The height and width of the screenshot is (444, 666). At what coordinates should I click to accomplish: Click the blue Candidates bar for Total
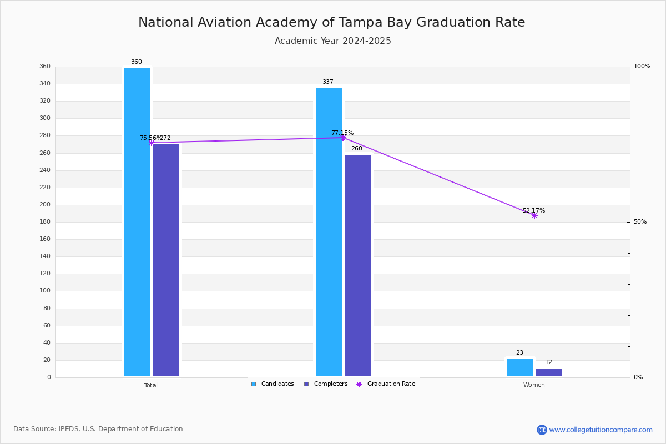[x=137, y=222]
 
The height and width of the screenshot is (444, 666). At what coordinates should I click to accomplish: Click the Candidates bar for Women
[x=520, y=367]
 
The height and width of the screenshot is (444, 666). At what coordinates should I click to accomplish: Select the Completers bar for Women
[x=549, y=372]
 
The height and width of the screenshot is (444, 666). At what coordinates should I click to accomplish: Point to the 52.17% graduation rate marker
[x=534, y=215]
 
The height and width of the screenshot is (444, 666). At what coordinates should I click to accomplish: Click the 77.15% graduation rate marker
[x=343, y=138]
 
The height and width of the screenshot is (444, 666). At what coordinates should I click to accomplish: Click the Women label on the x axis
[x=534, y=385]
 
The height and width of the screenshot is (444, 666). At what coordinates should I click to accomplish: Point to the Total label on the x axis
[x=151, y=385]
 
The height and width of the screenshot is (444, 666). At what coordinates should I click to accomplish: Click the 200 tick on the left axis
[x=44, y=205]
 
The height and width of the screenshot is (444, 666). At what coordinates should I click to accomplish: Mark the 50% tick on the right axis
[x=640, y=222]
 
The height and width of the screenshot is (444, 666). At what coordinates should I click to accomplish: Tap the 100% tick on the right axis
[x=642, y=67]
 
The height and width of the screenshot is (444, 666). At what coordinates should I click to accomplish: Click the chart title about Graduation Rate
[x=331, y=23]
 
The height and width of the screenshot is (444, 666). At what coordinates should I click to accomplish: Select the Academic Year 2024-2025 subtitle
[x=332, y=41]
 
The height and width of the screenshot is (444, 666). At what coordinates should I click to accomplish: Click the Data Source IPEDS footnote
[x=98, y=429]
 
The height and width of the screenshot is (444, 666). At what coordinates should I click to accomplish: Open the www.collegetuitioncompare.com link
[x=601, y=430]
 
